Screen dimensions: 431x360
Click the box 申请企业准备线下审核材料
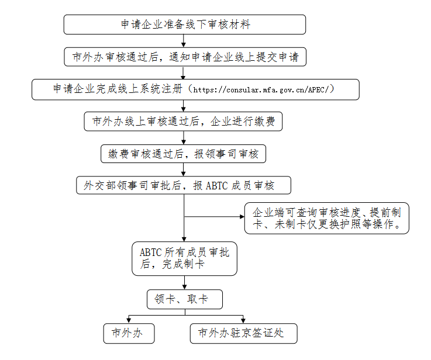(185, 25)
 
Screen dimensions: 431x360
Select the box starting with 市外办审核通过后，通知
(185, 57)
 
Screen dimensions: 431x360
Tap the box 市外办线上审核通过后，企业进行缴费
(183, 122)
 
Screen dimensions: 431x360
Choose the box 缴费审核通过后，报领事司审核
(184, 154)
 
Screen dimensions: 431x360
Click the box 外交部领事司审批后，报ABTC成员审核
(184, 185)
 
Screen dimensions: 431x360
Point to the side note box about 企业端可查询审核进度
(326, 219)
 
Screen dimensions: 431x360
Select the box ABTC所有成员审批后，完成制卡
(184, 259)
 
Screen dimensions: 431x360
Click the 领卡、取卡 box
(185, 299)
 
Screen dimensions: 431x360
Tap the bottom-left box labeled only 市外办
(129, 333)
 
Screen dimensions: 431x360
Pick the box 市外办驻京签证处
(243, 333)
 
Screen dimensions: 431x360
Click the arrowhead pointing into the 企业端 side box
(242, 217)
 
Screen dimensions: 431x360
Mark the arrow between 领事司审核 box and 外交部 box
(184, 169)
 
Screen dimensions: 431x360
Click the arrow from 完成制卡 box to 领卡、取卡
(184, 282)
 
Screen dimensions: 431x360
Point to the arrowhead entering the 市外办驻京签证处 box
(243, 321)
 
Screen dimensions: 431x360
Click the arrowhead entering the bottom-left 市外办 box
(129, 321)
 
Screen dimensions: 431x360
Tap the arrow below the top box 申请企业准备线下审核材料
(184, 41)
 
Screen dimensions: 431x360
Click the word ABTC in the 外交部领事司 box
(216, 186)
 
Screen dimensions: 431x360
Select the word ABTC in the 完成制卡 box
(151, 252)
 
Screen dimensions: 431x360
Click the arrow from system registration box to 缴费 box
(184, 106)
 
